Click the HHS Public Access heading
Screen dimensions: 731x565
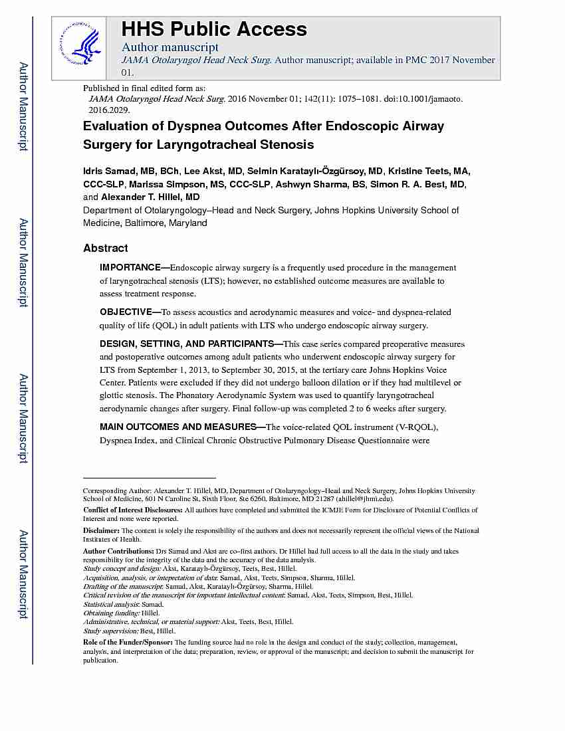[x=213, y=29]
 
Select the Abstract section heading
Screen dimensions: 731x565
[x=105, y=248]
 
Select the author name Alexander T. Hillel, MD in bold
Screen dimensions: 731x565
[x=150, y=197]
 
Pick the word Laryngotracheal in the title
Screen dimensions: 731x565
[x=173, y=144]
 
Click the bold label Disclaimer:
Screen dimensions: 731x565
[x=100, y=531]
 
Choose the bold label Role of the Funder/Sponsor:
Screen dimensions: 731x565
[x=127, y=643]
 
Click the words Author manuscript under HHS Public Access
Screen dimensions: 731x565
[x=169, y=47]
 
